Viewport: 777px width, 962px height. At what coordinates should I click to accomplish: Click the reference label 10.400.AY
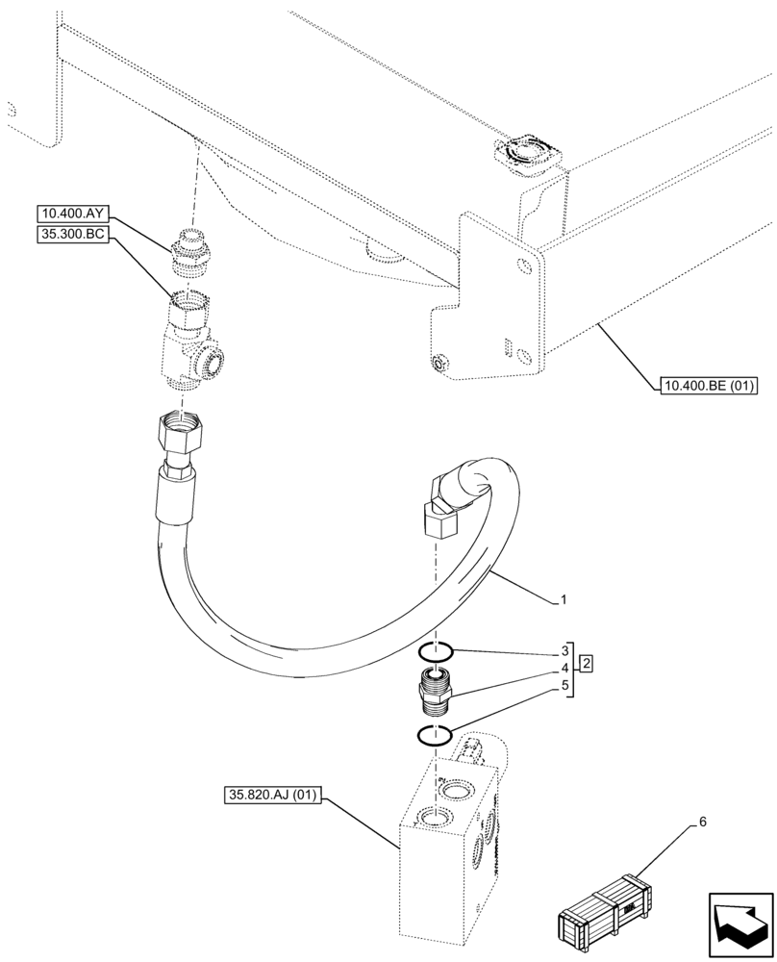click(x=71, y=214)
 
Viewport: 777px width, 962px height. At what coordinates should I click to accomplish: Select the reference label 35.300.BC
click(x=71, y=233)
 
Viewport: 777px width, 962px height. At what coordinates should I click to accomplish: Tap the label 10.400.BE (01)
click(x=708, y=388)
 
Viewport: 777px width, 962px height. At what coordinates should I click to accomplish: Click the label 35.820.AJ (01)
click(x=275, y=795)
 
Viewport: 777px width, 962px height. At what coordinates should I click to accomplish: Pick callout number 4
click(x=564, y=667)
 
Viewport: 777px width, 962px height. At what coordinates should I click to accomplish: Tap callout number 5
click(x=564, y=687)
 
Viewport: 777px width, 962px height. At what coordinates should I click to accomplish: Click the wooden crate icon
click(x=599, y=910)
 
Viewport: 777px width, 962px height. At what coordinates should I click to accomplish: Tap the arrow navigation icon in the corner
click(x=739, y=924)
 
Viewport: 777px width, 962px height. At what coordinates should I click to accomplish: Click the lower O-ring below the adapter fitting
click(x=435, y=736)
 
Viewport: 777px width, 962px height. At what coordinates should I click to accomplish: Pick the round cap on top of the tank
click(x=525, y=152)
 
